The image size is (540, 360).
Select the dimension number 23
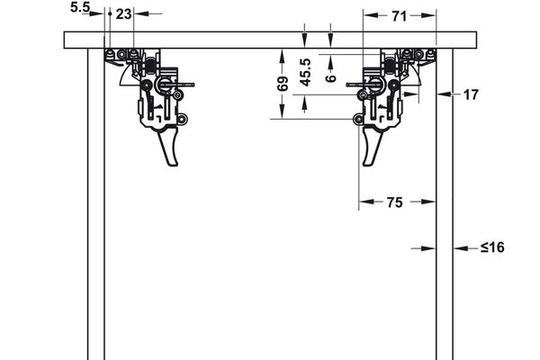(124, 13)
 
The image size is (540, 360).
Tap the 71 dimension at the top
(400, 14)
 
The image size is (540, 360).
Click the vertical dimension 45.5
(306, 73)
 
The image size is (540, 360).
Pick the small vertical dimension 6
(331, 78)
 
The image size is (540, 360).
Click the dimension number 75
(394, 203)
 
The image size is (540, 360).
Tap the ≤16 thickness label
(491, 247)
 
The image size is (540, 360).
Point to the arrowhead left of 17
(443, 93)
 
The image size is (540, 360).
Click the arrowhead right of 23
(142, 14)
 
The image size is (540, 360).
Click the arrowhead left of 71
(369, 14)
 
